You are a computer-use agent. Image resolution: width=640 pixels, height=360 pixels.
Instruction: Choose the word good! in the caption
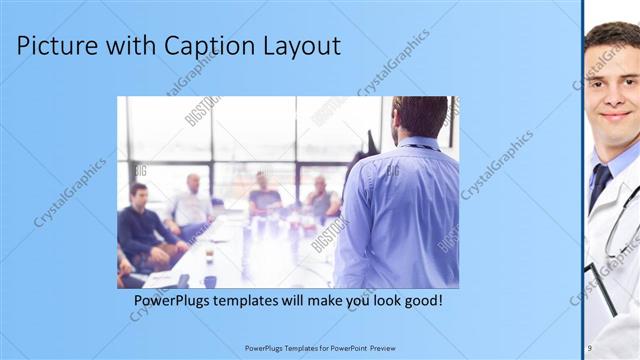(421, 300)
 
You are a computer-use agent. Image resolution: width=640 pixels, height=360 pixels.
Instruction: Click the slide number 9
(589, 347)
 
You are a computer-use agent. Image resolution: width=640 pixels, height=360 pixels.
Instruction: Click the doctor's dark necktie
(599, 186)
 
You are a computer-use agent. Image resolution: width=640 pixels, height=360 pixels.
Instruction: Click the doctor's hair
(610, 38)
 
